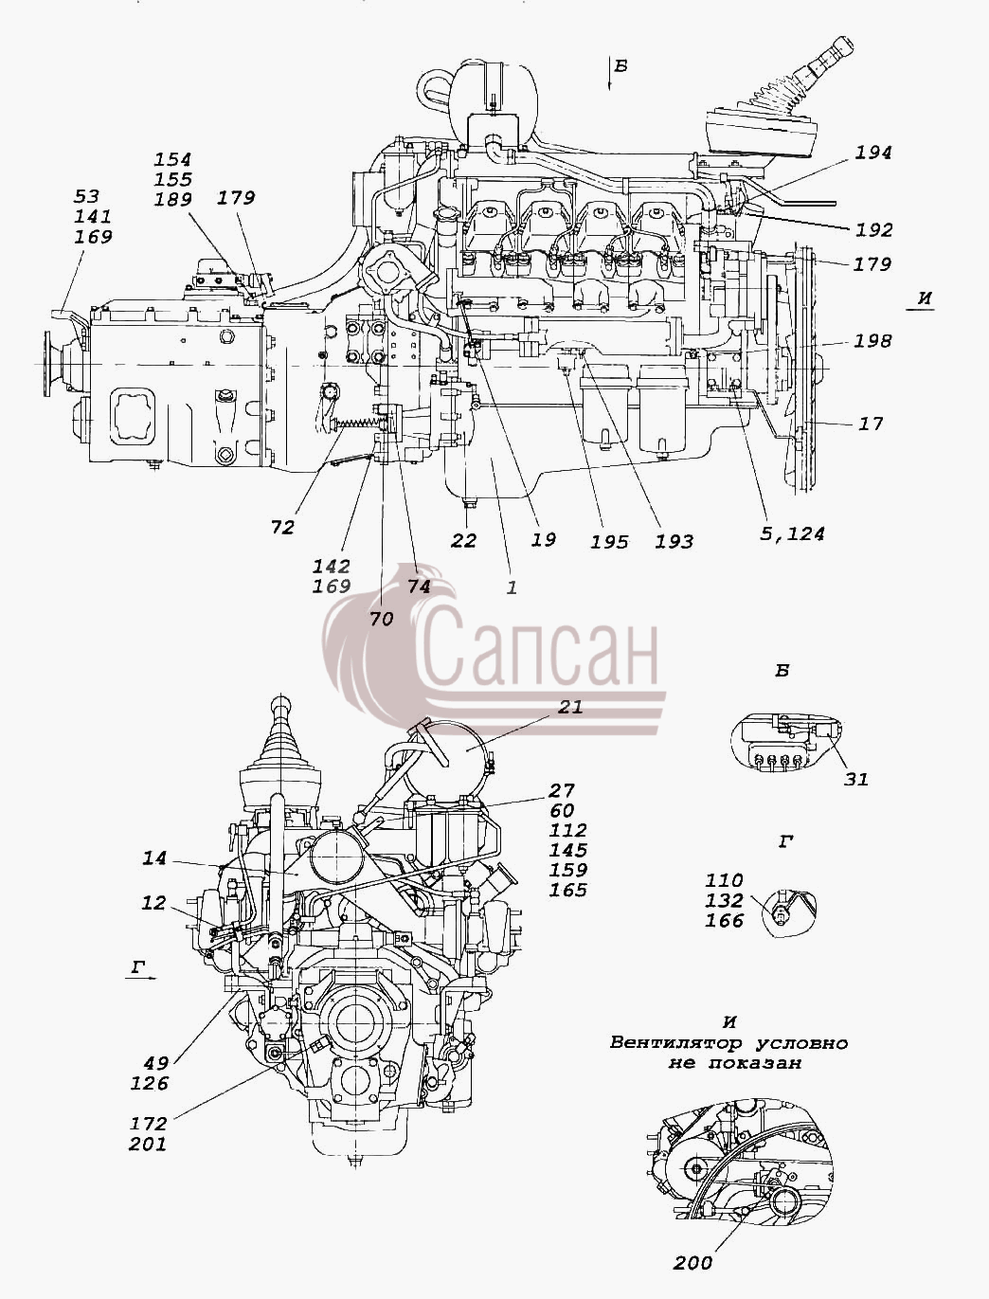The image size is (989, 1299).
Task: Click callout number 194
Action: coord(872,153)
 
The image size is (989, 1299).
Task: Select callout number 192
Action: coord(873,230)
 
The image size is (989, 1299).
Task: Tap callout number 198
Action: coord(872,341)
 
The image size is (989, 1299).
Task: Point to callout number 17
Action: coord(870,424)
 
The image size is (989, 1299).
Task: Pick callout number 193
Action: coord(674,541)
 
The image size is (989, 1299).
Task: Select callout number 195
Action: coord(609,541)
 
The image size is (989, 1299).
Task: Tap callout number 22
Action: coord(463,540)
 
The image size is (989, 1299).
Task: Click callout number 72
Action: coord(282,528)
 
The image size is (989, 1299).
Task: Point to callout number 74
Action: coord(418,586)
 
